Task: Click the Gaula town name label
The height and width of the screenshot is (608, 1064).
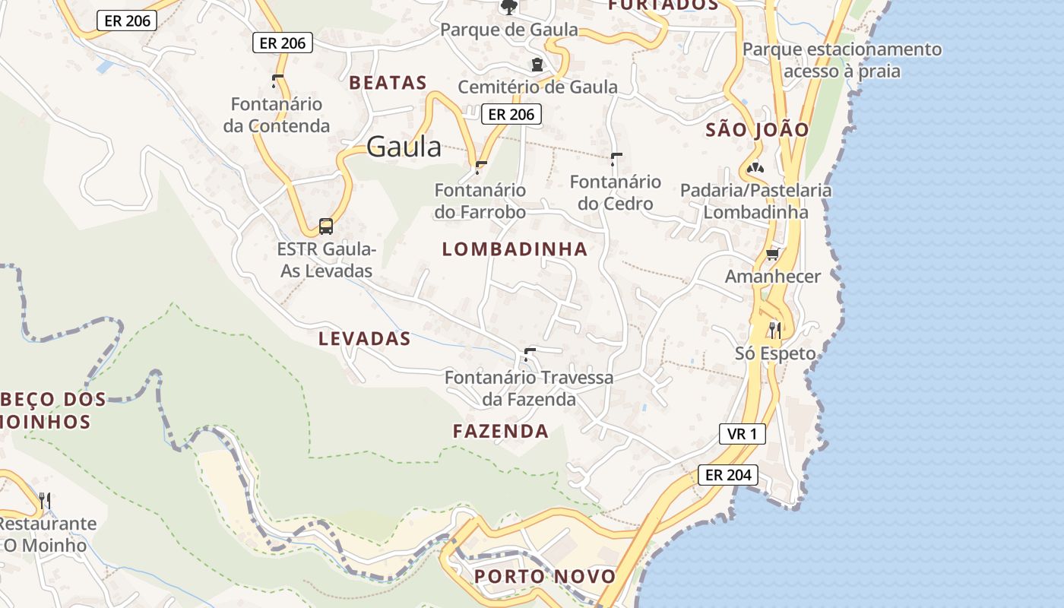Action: (x=404, y=147)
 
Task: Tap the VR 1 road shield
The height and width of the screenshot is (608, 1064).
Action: (x=742, y=434)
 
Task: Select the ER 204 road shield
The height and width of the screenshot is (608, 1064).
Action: (x=728, y=475)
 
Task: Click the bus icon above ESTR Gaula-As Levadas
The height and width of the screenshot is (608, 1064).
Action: (x=325, y=226)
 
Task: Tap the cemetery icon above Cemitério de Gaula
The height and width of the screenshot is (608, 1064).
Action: (x=537, y=65)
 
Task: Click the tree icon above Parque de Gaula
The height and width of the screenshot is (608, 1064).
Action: (x=508, y=7)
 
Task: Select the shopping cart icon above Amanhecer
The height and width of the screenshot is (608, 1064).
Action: (x=772, y=254)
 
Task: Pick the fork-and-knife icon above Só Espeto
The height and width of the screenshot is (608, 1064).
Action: (x=774, y=330)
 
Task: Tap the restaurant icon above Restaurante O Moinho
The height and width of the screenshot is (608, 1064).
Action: (x=45, y=500)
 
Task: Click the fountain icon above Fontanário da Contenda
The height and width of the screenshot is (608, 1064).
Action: (x=277, y=81)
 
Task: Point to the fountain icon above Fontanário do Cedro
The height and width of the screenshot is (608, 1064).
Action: (x=616, y=158)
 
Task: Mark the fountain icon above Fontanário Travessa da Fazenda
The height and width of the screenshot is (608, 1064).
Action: (x=529, y=354)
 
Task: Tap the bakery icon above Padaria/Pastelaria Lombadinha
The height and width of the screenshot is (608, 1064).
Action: (x=755, y=167)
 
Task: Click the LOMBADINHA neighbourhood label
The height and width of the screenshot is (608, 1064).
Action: (x=515, y=249)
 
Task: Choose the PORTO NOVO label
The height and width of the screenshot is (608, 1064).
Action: (x=545, y=576)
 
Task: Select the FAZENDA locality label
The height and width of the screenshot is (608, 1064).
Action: (x=500, y=432)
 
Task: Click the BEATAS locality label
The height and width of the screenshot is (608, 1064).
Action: (x=388, y=83)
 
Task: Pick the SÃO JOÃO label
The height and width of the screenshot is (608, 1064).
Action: (x=757, y=129)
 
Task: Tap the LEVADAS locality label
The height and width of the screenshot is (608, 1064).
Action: (x=364, y=339)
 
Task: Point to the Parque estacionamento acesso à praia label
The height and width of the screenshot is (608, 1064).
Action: (x=841, y=60)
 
